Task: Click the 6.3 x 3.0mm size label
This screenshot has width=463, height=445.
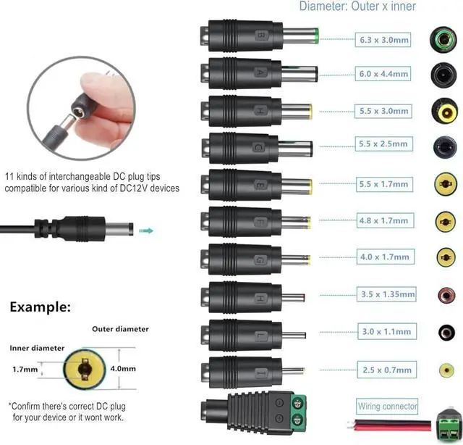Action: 384,40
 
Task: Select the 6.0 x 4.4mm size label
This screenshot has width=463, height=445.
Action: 384,74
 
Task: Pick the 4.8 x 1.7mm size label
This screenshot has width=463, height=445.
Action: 384,220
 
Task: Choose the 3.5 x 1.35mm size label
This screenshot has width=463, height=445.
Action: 387,294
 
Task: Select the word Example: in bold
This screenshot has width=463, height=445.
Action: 41,307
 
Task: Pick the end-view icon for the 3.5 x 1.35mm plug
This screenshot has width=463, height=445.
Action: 444,294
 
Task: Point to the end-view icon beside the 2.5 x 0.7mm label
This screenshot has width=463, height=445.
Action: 444,370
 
